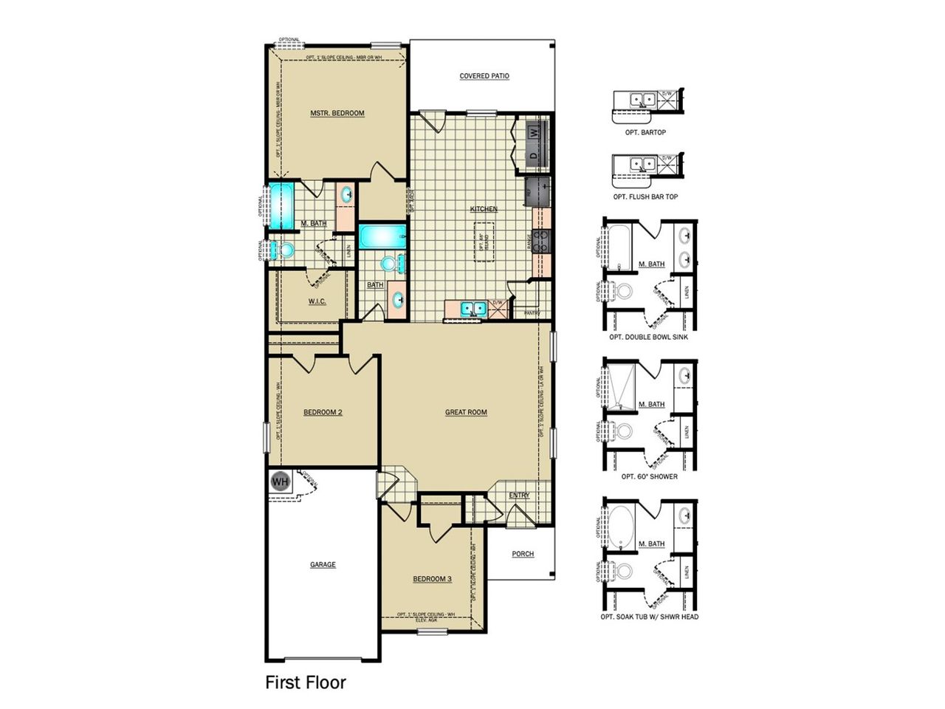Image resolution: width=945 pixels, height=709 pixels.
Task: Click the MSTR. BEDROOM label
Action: (x=337, y=113)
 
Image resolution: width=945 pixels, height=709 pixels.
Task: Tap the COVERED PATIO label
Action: (x=484, y=76)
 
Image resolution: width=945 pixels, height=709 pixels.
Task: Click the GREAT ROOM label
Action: (x=466, y=412)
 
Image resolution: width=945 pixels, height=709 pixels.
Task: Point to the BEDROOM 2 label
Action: (x=323, y=412)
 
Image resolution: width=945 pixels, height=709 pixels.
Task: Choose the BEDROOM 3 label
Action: (x=432, y=578)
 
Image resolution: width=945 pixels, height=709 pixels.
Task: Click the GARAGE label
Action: (x=323, y=564)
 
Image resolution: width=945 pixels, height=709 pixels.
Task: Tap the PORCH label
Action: (x=523, y=553)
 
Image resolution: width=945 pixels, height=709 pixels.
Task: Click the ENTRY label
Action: (x=519, y=495)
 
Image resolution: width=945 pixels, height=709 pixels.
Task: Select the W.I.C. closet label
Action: (x=317, y=301)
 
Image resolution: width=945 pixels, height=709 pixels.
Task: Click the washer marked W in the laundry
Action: (x=535, y=133)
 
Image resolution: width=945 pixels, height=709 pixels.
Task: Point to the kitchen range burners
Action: (x=544, y=241)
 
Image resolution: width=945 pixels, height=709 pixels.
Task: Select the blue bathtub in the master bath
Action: (x=281, y=206)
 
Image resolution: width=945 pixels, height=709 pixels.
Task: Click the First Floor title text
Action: (x=305, y=682)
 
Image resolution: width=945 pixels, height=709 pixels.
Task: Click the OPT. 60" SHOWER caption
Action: (x=649, y=476)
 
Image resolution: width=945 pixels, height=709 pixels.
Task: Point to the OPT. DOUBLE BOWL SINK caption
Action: (x=649, y=337)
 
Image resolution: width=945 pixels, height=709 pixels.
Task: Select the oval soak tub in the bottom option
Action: (x=619, y=524)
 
